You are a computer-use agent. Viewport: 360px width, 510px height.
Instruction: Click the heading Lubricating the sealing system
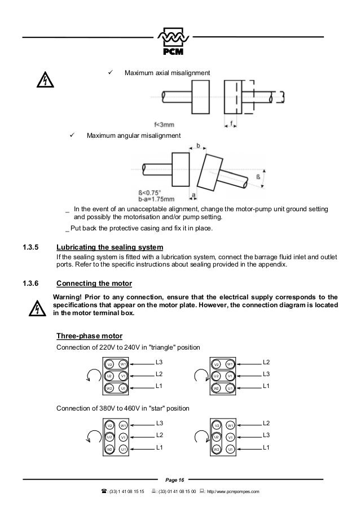point(110,248)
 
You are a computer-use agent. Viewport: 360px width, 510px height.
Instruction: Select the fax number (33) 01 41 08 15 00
point(177,493)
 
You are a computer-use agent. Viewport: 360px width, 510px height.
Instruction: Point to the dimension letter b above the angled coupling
point(198,146)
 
